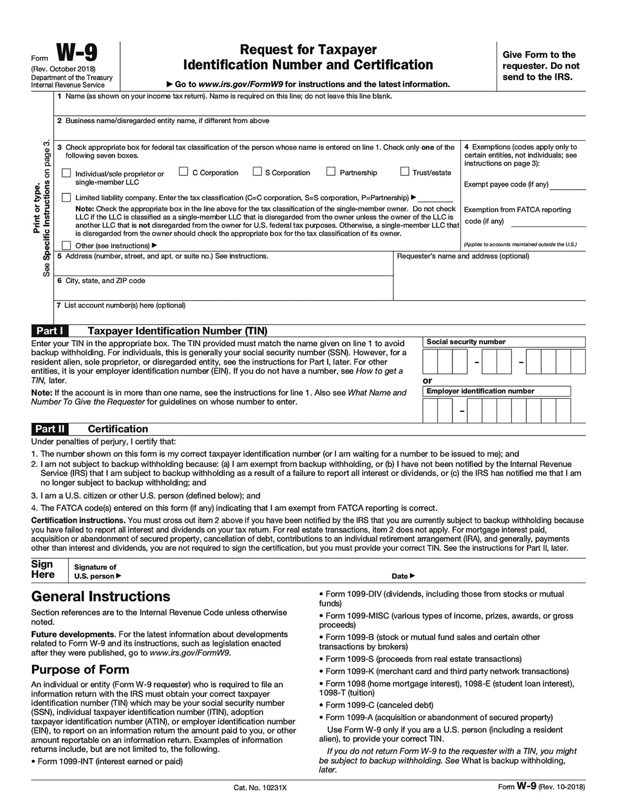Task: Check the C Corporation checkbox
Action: (183, 172)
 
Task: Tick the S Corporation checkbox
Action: (257, 172)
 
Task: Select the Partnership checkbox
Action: (331, 172)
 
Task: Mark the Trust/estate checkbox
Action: (405, 172)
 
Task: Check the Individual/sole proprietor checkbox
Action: (66, 173)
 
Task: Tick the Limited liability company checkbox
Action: (66, 198)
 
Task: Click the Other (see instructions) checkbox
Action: (66, 245)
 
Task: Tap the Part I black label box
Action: (49, 331)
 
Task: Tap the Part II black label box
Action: (49, 429)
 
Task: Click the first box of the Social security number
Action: (430, 362)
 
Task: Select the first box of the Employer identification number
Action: (430, 411)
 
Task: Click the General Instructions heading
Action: (100, 597)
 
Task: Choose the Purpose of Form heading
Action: (80, 669)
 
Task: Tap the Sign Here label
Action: (43, 569)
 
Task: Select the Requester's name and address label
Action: (463, 256)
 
